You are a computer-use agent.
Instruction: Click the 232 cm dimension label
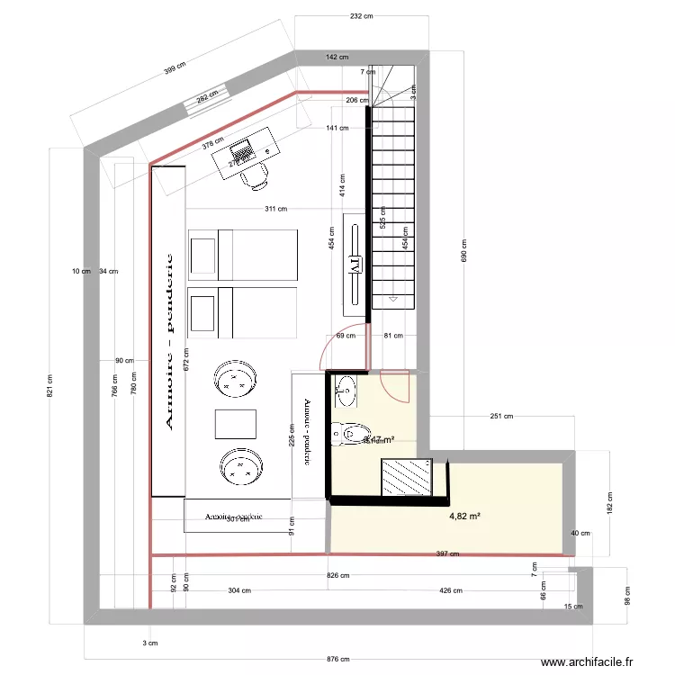click(x=362, y=16)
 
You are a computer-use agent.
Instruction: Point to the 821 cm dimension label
click(x=50, y=385)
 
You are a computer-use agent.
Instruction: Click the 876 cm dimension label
click(x=337, y=659)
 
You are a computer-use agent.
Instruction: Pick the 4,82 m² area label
click(x=464, y=517)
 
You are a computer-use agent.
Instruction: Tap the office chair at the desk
click(x=256, y=177)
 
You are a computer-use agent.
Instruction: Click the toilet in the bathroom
click(x=347, y=434)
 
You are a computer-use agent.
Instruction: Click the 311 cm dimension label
click(x=275, y=209)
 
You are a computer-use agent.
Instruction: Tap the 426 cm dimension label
click(x=451, y=591)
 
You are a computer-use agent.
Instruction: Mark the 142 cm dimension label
click(x=337, y=57)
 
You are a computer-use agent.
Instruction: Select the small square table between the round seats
click(x=237, y=424)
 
